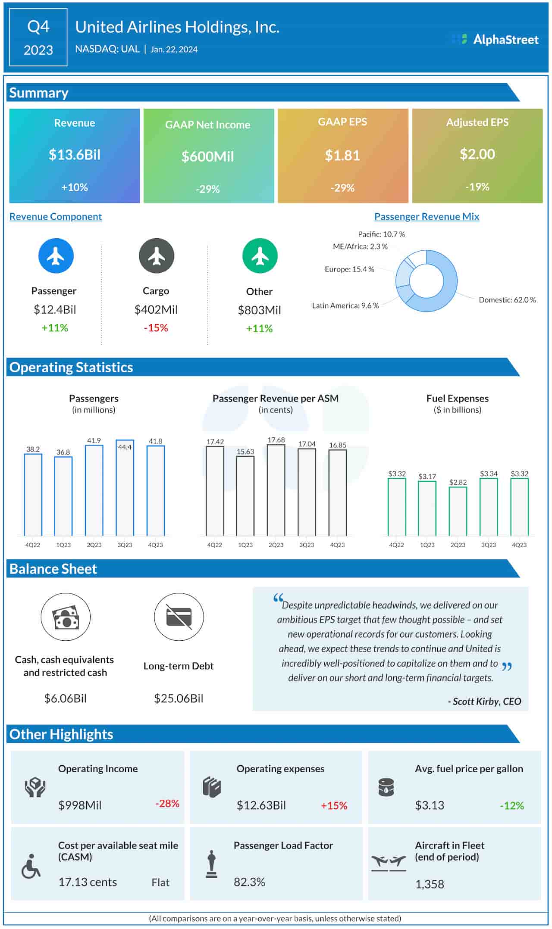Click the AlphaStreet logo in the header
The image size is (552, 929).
point(495,40)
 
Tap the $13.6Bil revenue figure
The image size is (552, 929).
point(74,155)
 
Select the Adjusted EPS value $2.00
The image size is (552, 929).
point(477,154)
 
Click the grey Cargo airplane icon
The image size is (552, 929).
point(156,256)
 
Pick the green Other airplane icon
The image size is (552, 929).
point(260,256)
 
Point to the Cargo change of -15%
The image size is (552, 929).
point(156,328)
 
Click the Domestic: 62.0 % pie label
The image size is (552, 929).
point(507,300)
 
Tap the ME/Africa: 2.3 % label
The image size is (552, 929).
point(360,247)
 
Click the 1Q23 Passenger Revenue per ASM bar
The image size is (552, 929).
point(245,496)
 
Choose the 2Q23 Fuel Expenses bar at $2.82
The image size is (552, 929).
point(458,511)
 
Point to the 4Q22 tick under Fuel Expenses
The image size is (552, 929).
point(396,545)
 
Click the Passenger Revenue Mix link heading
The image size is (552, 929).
point(427,217)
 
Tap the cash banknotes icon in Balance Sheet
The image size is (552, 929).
point(66,617)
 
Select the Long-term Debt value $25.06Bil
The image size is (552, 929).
point(179,698)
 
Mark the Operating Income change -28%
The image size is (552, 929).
point(167,804)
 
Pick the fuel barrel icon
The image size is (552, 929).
point(386,787)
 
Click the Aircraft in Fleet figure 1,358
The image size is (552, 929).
point(430,885)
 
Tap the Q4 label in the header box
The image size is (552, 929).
point(38,27)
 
